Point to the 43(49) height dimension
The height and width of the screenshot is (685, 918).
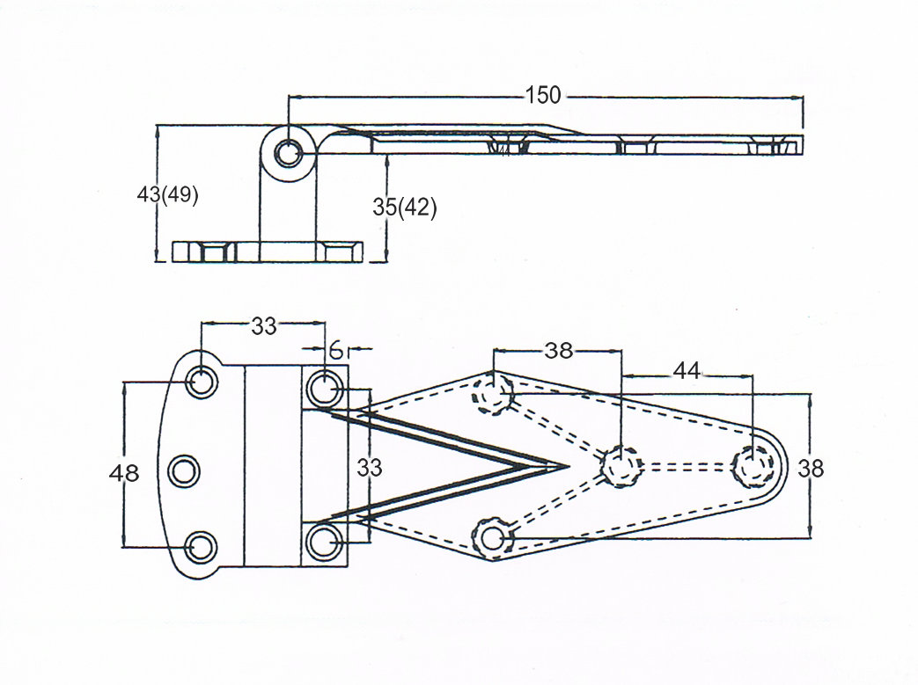coord(168,194)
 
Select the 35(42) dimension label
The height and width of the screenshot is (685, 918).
coord(405,208)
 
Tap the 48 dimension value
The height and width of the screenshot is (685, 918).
coord(124,473)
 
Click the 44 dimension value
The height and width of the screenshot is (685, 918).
coord(687,372)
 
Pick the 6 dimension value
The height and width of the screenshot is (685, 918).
coord(336,349)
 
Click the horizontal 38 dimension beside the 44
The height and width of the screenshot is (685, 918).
coord(558,351)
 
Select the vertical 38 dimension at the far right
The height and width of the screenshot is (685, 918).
coord(812,469)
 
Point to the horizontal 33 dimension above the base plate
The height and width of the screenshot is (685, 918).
coord(264,326)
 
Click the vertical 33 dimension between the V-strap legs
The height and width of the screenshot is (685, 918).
coord(370,468)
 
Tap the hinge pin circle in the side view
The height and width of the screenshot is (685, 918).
coord(287,154)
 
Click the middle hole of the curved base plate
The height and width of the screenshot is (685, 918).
coord(184,472)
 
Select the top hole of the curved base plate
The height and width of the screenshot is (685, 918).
coord(202,383)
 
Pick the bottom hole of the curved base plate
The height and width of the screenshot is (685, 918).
coord(202,546)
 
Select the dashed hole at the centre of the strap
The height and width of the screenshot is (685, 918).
coord(621,465)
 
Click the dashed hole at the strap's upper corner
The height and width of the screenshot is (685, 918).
coord(493,393)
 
